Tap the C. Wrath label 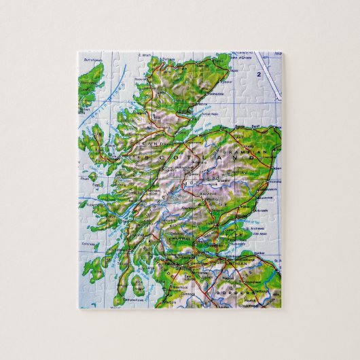[x=145, y=55]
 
